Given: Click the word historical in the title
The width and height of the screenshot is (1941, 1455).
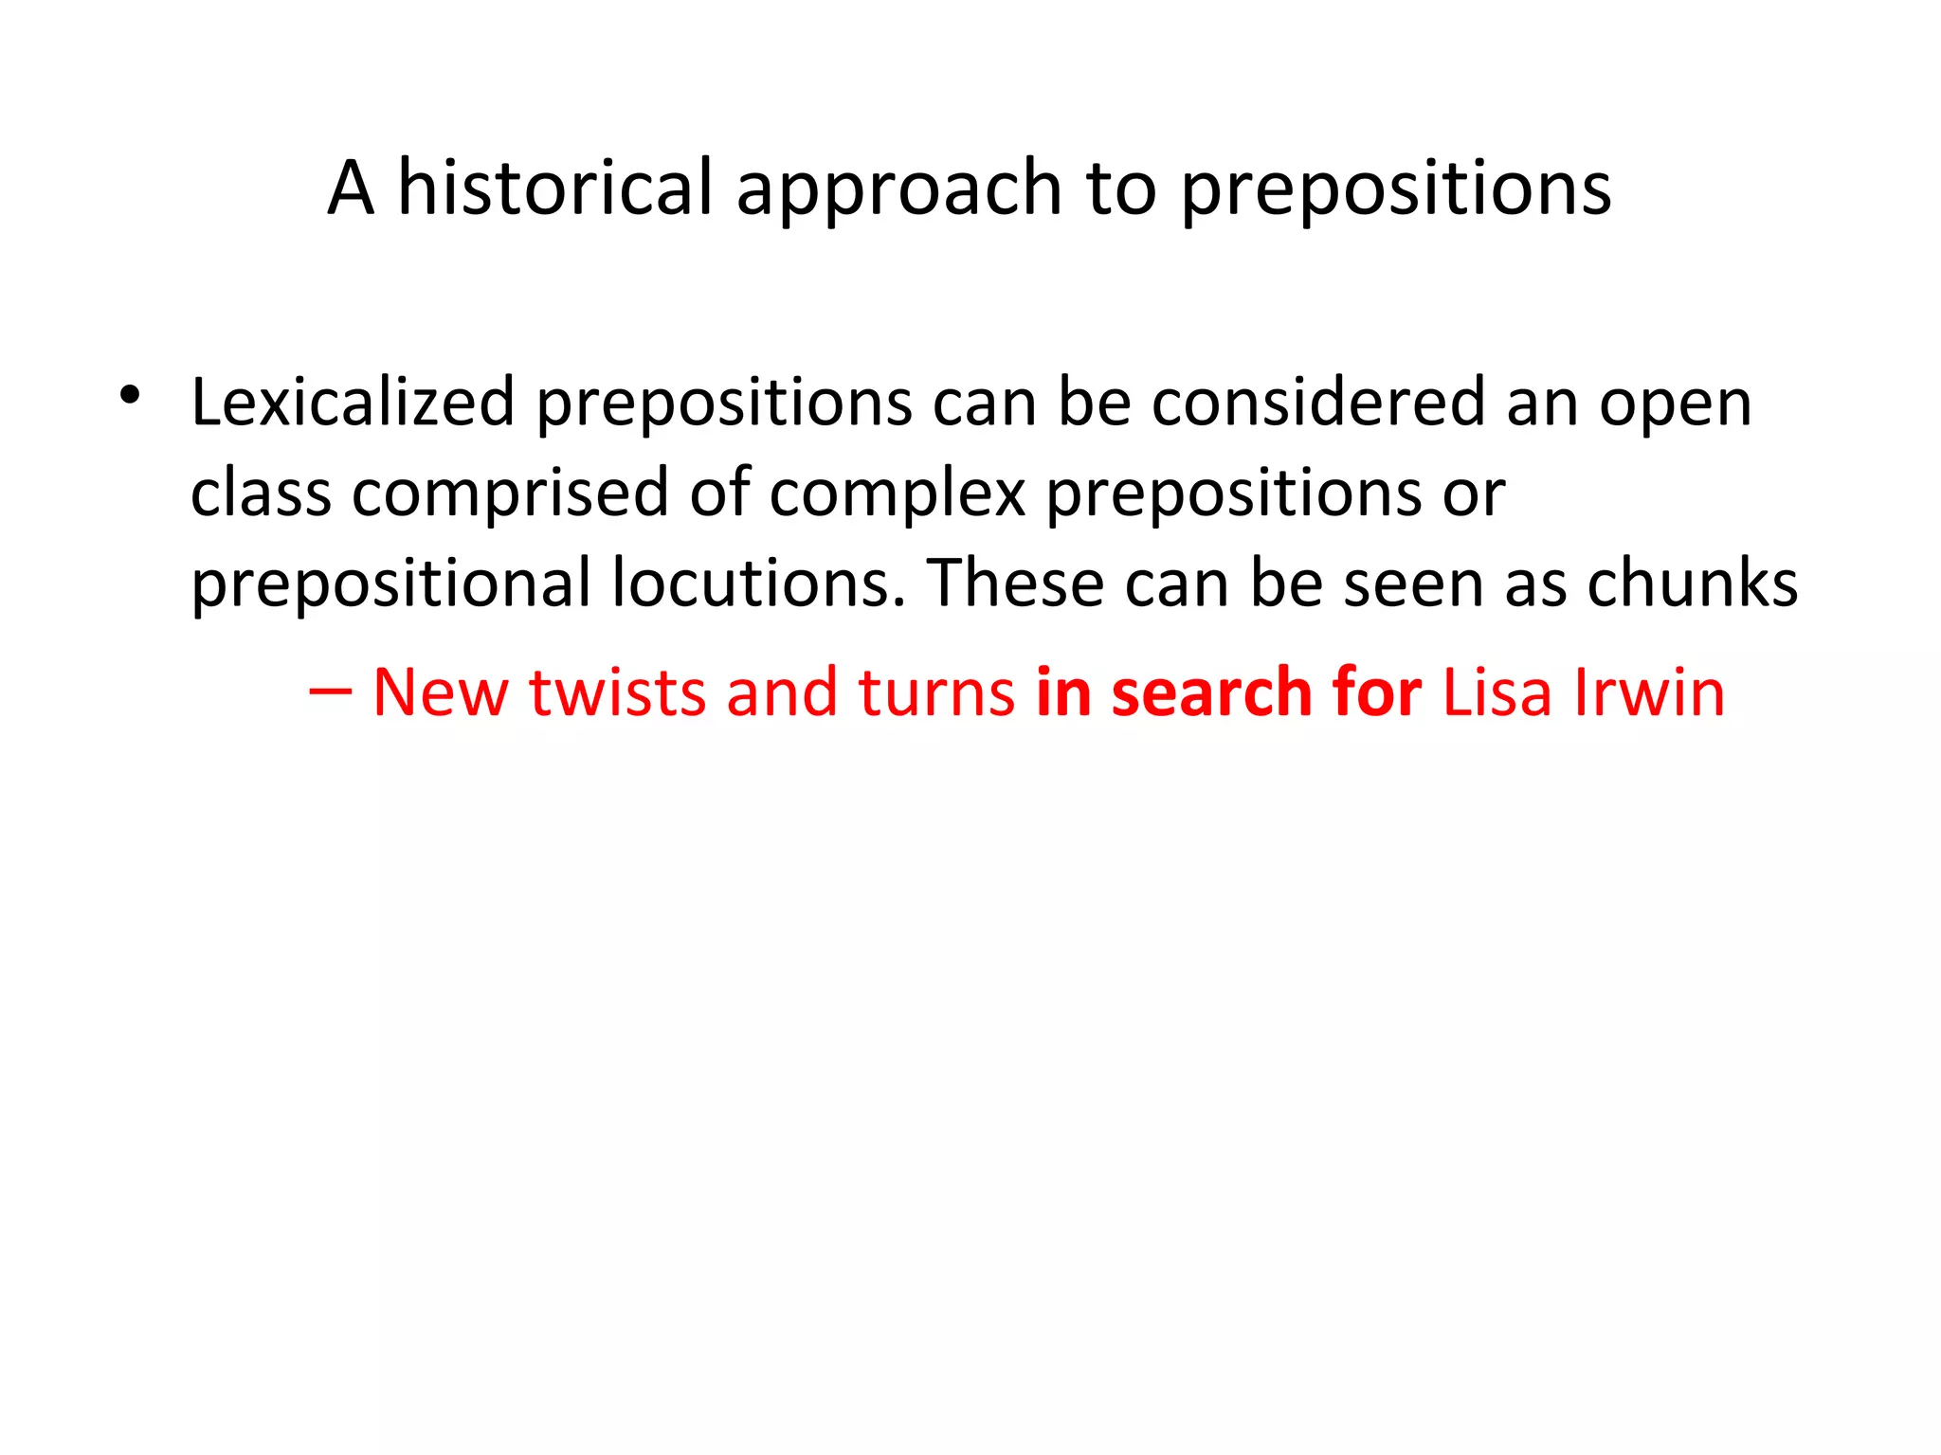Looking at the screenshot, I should [554, 188].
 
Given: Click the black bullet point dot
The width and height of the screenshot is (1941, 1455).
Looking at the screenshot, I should [130, 395].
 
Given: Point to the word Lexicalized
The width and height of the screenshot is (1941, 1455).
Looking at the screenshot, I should [353, 403].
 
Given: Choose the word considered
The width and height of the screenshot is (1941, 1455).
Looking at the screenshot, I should [1318, 403].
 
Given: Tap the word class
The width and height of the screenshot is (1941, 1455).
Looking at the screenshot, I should [261, 493].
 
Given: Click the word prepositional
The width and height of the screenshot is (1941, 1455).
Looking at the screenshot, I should [391, 584].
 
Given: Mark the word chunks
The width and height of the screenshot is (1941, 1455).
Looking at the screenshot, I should [1692, 582].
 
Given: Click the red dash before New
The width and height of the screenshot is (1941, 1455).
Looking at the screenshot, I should [330, 692].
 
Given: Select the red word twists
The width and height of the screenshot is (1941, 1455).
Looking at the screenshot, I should [616, 692].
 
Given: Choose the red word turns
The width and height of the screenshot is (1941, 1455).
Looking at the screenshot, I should [936, 692].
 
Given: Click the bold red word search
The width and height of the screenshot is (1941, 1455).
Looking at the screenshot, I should [1210, 692].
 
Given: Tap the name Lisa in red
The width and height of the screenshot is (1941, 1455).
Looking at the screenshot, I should [1497, 692].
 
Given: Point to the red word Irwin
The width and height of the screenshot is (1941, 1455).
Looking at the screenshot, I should [1649, 692].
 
